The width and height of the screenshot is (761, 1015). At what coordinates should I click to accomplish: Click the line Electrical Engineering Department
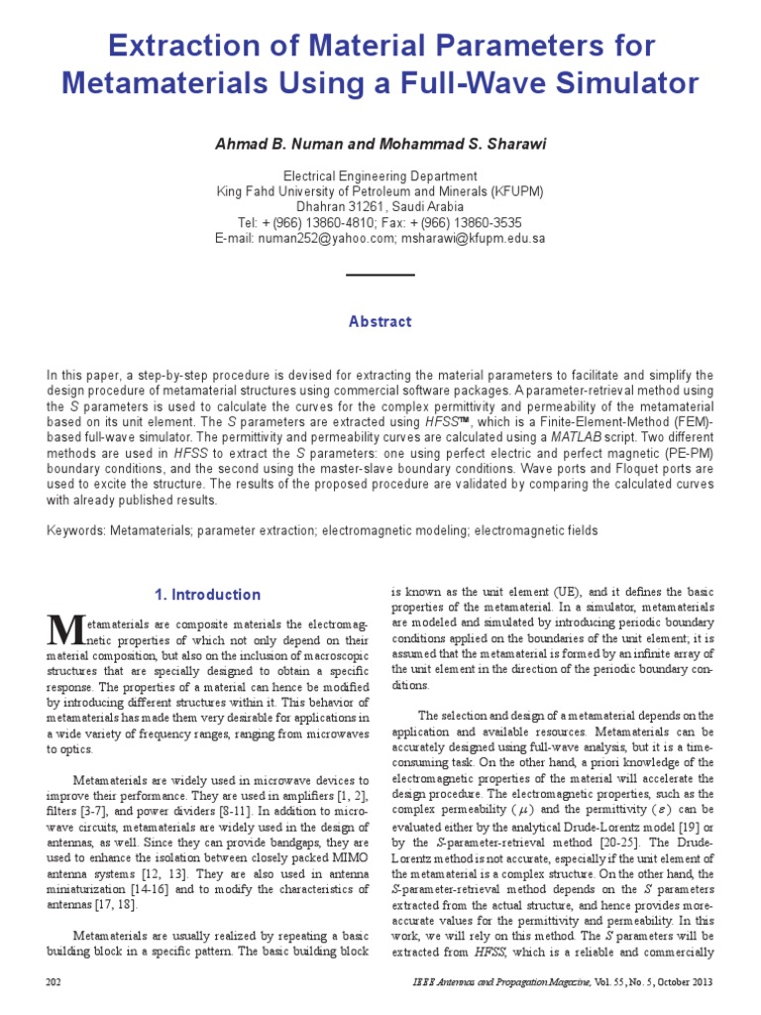[x=380, y=175]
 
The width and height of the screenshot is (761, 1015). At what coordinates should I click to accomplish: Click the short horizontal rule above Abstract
[x=380, y=275]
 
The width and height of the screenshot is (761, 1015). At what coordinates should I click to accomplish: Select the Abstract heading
[x=380, y=322]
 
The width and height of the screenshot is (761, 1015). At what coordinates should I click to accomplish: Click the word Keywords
[x=75, y=531]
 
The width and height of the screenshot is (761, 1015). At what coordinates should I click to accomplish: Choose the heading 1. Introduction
[x=207, y=595]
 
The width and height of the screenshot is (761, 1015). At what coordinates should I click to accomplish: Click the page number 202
[x=55, y=981]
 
